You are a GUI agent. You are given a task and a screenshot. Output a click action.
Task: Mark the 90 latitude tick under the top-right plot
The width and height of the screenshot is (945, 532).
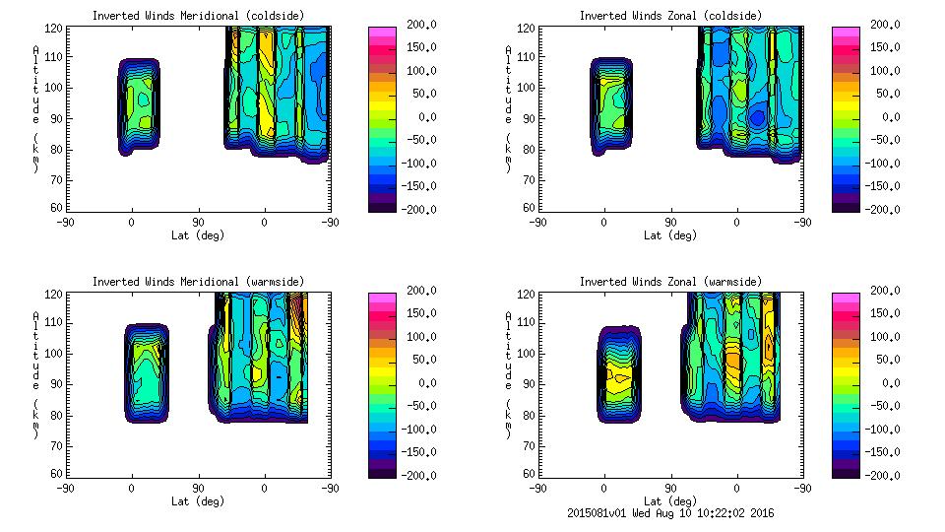670,223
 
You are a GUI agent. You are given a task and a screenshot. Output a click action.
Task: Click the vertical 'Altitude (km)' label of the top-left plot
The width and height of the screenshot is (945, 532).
35,107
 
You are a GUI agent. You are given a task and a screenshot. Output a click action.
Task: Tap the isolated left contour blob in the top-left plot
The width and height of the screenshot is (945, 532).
139,105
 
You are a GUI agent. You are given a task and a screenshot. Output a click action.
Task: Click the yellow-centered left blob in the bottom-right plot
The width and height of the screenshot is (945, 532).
619,373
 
